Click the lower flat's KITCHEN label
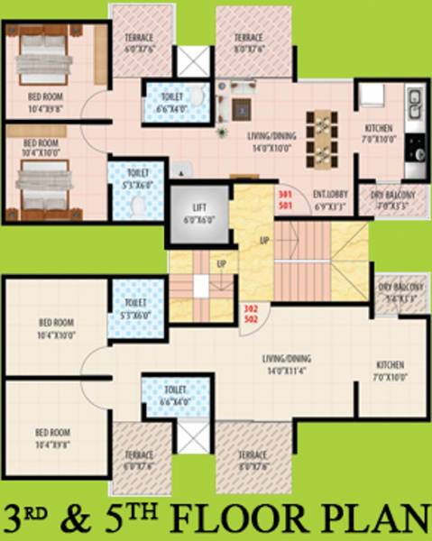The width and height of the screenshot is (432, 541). (389, 365)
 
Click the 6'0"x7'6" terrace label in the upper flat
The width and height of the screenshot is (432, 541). (139, 42)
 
